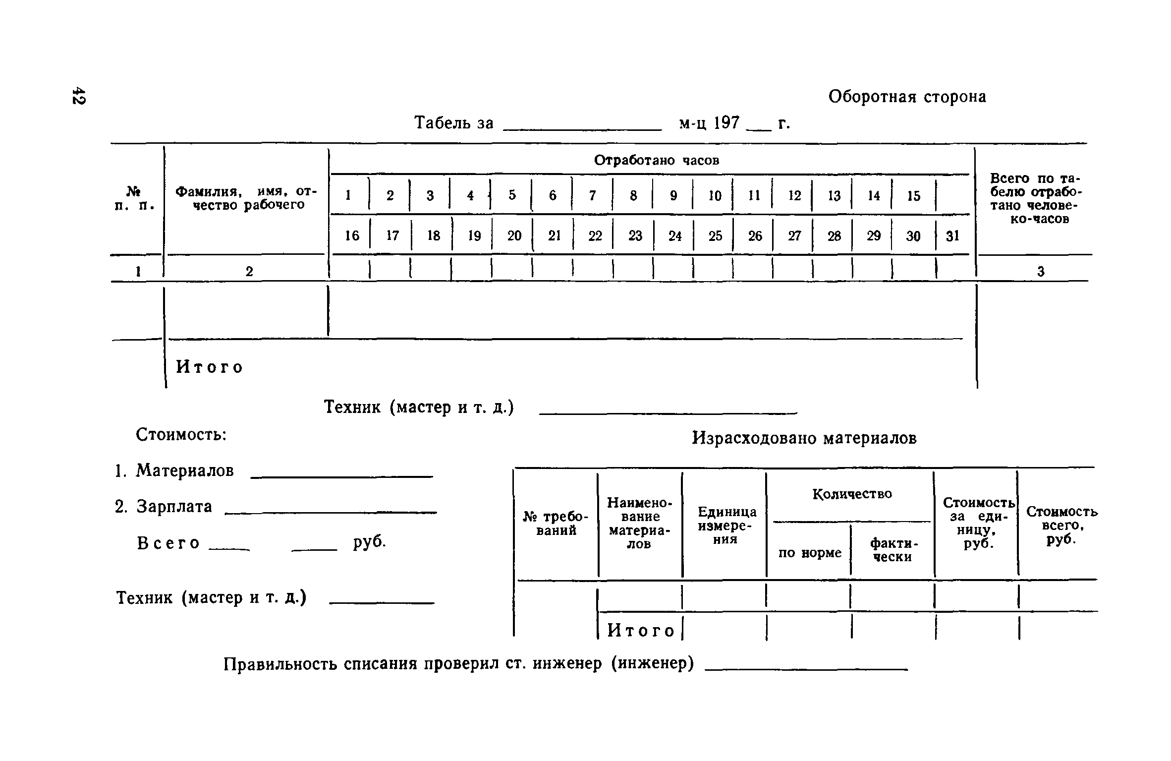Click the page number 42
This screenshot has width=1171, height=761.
coord(78,96)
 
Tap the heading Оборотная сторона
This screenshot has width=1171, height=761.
coord(907,97)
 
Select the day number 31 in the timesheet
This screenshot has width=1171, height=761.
coord(952,236)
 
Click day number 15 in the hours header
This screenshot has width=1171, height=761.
coord(913,196)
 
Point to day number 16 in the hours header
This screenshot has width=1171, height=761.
coord(352,236)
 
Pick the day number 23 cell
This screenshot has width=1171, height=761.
coord(635,236)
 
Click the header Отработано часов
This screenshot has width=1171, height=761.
coord(656,160)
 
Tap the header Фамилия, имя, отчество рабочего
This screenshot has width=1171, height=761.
coord(246,198)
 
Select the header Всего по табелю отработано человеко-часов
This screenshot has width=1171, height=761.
coord(1035,198)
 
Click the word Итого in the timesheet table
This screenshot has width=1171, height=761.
coord(210,367)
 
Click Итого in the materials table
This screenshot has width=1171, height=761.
coord(641,631)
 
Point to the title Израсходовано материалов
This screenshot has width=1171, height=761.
coord(804,438)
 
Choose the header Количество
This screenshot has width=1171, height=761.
coord(852,494)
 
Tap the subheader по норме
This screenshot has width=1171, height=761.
coord(809,552)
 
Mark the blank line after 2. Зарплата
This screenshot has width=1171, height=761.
coord(331,512)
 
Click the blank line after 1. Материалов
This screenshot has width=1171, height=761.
coord(342,476)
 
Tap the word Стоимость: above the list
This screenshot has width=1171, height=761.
coord(181,435)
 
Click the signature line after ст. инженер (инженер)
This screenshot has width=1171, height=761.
coord(806,669)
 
